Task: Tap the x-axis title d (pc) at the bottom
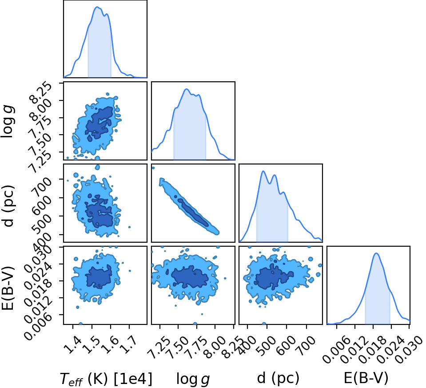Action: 278,378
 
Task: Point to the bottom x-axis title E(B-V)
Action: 366,378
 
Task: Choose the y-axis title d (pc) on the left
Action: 8,206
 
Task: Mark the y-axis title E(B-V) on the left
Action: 8,288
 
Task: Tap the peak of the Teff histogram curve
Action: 97,7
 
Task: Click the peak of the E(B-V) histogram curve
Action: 376,253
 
